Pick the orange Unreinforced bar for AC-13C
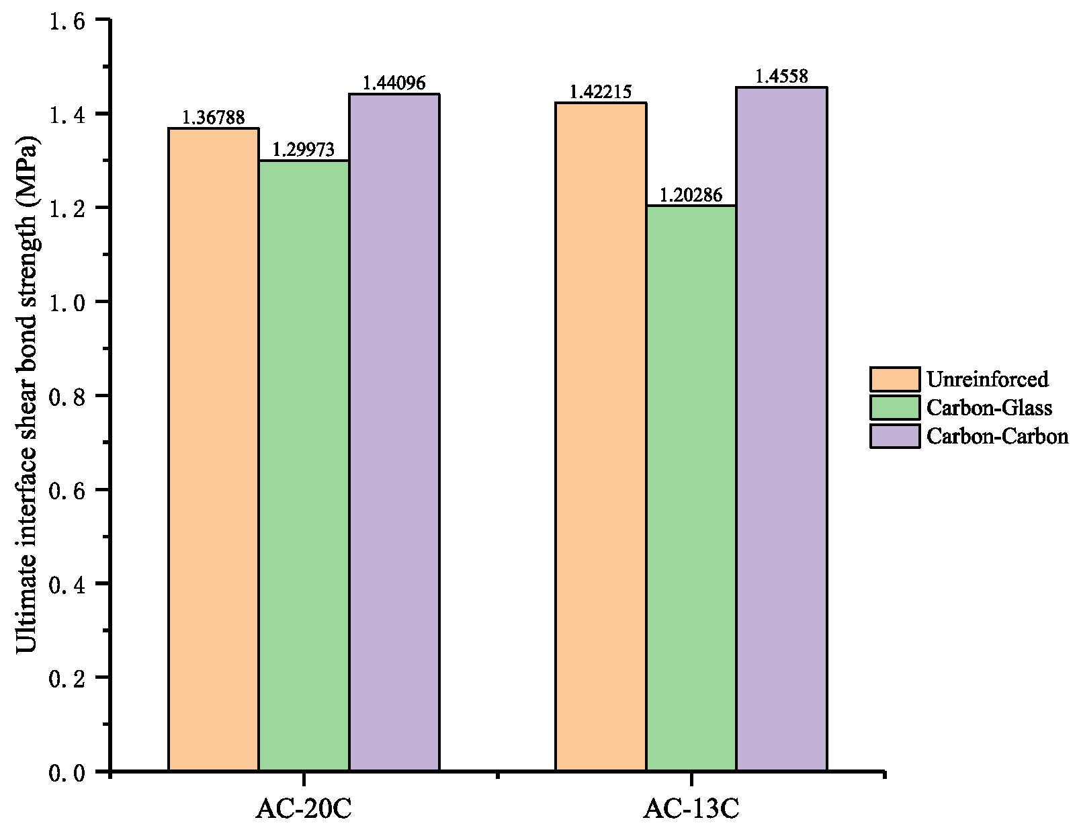pos(601,437)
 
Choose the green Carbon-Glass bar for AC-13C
pos(691,488)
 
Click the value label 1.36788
pos(214,118)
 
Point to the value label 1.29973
pos(304,150)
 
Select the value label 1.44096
pos(394,83)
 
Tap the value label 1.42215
pos(601,92)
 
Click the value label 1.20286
pos(691,196)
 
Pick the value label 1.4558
pos(781,77)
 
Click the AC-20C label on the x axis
pos(304,809)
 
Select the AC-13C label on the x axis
pos(691,809)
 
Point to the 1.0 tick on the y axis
pos(67,302)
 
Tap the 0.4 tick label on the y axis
pos(67,584)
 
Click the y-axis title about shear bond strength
pos(27,394)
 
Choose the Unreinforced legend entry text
pos(987,380)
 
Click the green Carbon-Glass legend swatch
pos(894,408)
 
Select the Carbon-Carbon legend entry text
pos(997,436)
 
